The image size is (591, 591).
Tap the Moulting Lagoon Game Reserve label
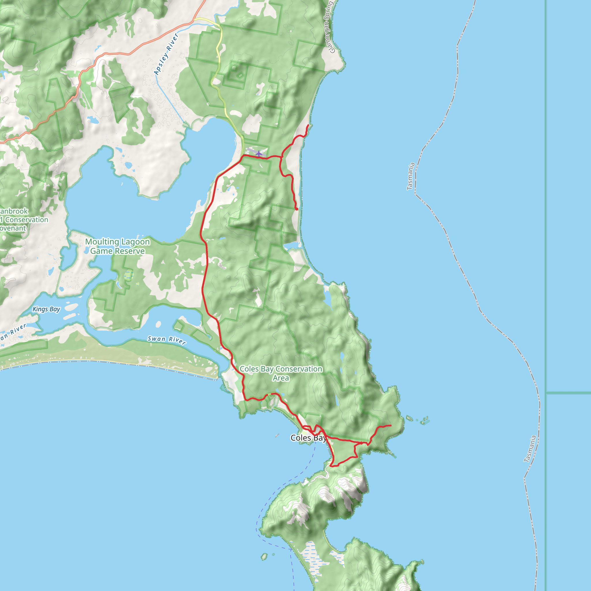(x=117, y=246)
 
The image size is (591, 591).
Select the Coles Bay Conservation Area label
(x=281, y=373)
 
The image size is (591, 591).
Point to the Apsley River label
(x=166, y=54)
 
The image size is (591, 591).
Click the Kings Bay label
(x=46, y=309)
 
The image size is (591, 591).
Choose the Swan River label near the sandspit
(x=167, y=340)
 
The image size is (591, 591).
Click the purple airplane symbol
(x=259, y=153)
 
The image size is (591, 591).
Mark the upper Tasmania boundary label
(x=411, y=176)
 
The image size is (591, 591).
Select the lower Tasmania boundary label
(x=530, y=449)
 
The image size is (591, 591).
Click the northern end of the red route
(x=308, y=125)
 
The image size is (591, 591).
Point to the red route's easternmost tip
(x=391, y=426)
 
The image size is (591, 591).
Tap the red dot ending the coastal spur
(x=297, y=209)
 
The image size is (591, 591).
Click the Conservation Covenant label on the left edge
(x=18, y=220)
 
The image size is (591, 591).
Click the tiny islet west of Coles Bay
(x=277, y=435)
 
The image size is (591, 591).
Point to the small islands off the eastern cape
(x=418, y=420)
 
